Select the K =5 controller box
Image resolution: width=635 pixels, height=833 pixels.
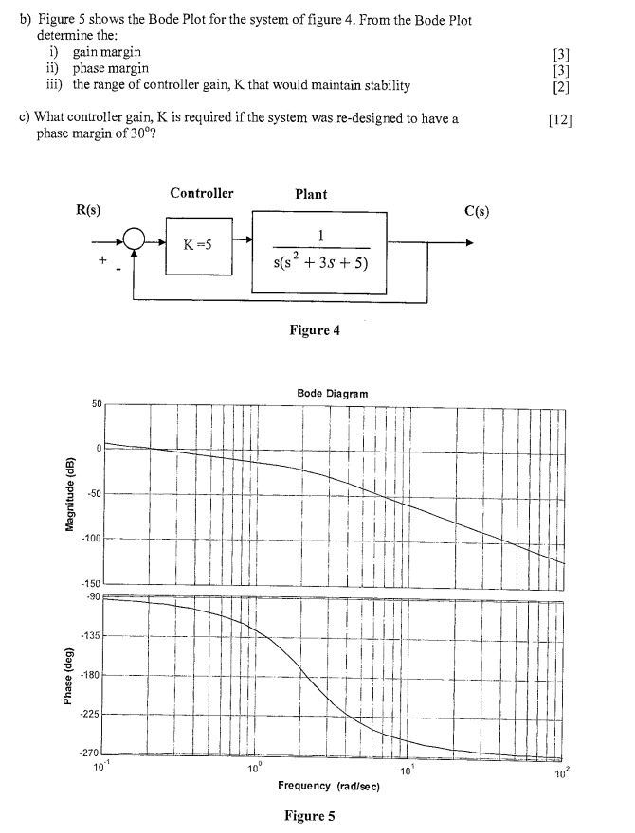pyautogui.click(x=201, y=244)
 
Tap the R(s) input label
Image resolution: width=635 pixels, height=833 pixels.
pyautogui.click(x=88, y=208)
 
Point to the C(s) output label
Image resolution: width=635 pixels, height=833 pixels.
pyautogui.click(x=476, y=210)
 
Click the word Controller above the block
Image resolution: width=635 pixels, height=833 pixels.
pyautogui.click(x=201, y=193)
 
